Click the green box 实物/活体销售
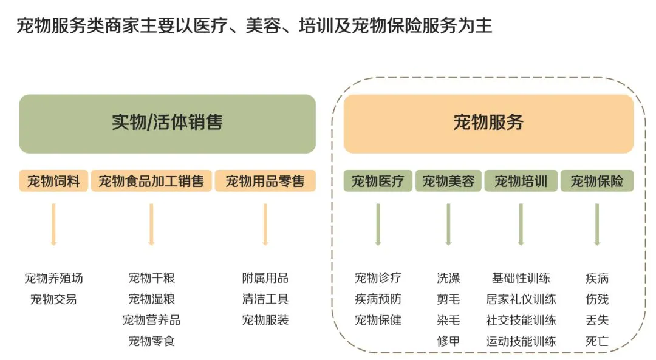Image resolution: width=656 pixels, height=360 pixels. [x=167, y=123]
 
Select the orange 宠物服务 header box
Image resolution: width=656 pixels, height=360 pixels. [x=488, y=123]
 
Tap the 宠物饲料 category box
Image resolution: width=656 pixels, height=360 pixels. [x=53, y=181]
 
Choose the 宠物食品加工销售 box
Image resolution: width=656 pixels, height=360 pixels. [x=151, y=181]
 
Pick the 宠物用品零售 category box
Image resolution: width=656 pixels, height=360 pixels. [x=265, y=181]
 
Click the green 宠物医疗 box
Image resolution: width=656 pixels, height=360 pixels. [x=378, y=181]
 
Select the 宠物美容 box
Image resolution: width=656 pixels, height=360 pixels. [x=448, y=181]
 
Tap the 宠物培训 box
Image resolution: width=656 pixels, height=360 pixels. [x=521, y=181]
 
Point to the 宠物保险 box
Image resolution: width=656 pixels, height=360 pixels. [x=597, y=181]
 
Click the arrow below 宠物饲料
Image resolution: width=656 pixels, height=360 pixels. [x=53, y=223]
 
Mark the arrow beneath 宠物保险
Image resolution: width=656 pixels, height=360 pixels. [x=597, y=223]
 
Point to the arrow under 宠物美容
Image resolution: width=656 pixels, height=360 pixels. [x=448, y=223]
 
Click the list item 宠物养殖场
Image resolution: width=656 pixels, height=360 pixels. [x=53, y=278]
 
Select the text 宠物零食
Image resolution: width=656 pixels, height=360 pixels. [x=151, y=341]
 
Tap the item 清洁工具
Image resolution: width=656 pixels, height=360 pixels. [x=265, y=299]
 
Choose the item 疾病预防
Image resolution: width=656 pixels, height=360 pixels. [x=378, y=299]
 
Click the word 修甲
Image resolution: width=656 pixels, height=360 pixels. [x=448, y=341]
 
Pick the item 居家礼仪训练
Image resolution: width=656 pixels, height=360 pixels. [x=521, y=299]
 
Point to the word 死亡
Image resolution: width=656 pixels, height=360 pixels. [x=597, y=341]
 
